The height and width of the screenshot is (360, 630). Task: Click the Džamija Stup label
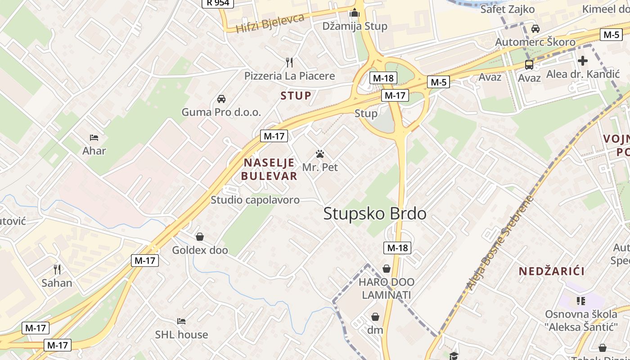pos(355,26)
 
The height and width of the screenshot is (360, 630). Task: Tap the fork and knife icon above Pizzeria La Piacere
pos(289,62)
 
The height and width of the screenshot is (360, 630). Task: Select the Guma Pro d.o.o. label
pos(221,112)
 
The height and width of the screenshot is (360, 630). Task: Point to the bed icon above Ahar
pos(94,137)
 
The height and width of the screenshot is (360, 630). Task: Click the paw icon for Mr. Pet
pos(320,154)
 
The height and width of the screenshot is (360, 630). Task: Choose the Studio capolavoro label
pos(255,200)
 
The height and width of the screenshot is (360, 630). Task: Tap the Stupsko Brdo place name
pos(375,214)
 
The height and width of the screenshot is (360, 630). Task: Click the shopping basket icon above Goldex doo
pos(200,237)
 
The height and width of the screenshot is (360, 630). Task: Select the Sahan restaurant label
pos(57,283)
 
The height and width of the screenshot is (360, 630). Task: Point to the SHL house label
pos(181,335)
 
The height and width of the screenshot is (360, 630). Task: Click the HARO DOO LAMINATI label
pos(387,288)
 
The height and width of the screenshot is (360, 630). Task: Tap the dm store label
pos(375,330)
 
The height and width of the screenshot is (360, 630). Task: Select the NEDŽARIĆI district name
pos(552,271)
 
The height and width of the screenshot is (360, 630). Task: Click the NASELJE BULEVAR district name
pos(269,169)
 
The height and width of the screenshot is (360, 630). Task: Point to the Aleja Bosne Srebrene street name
pos(499,243)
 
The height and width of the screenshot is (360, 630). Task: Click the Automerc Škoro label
pos(535,42)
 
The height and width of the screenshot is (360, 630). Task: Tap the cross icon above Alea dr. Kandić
pos(583,61)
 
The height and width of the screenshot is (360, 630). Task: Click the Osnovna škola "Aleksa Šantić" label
pos(580,320)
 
